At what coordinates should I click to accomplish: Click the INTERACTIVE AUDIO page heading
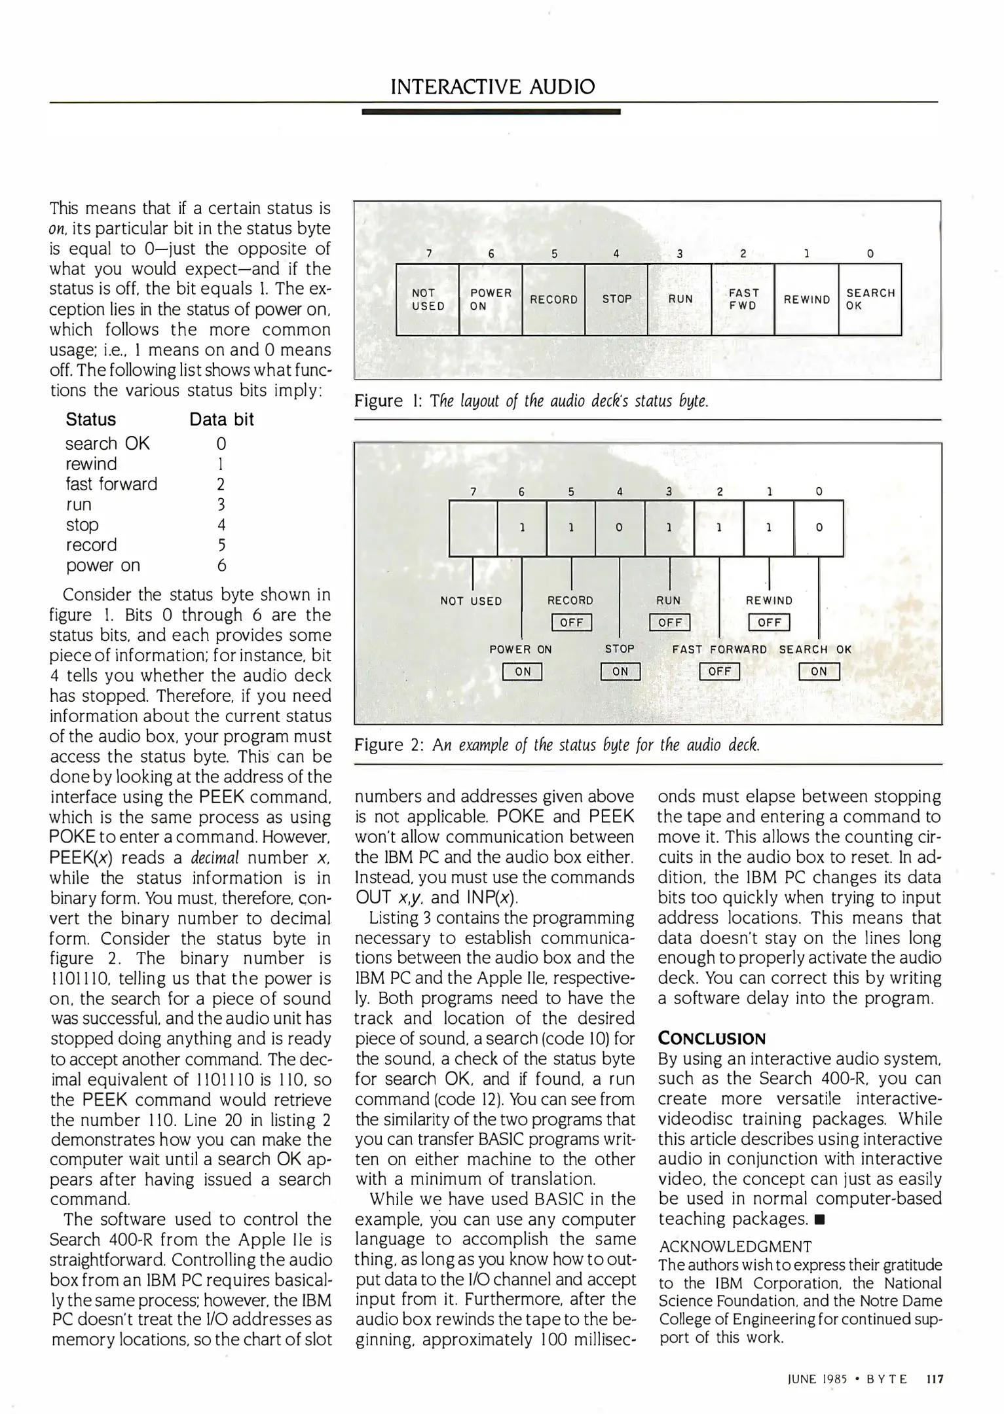[492, 86]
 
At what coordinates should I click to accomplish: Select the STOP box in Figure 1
[616, 299]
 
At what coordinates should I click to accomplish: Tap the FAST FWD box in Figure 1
[743, 299]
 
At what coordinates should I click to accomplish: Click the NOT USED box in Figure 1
[428, 299]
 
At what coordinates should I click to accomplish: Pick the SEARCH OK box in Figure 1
[870, 299]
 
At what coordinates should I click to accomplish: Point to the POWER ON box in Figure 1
[491, 299]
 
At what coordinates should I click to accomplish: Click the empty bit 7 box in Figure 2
[473, 528]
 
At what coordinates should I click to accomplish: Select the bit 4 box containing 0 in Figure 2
[620, 528]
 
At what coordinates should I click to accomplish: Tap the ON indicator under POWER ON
[522, 672]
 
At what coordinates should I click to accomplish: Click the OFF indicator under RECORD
[572, 622]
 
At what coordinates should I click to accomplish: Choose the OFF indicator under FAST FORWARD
[719, 672]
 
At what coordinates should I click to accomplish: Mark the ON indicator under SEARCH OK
[819, 672]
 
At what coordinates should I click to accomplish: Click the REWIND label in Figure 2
[769, 600]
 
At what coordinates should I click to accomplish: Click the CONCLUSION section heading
[711, 1039]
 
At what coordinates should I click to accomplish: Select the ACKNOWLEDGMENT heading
[735, 1247]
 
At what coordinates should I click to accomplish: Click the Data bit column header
[221, 420]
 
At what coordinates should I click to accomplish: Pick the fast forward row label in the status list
[111, 484]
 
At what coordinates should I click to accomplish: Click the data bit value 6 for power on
[221, 566]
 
